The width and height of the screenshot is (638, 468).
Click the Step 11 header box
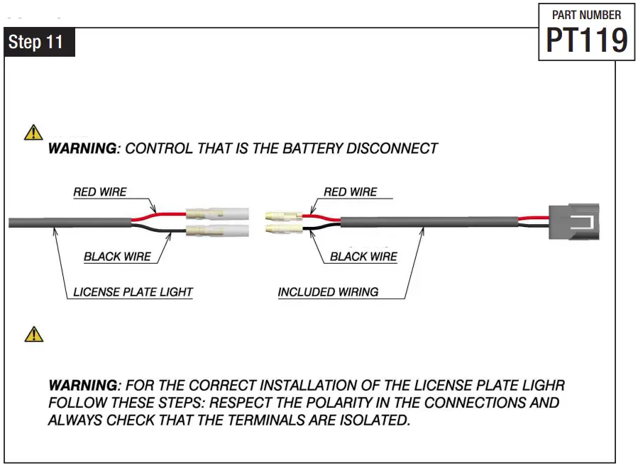[x=39, y=42]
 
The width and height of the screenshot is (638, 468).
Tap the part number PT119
[x=586, y=40]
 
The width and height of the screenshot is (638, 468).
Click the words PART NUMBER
[x=586, y=15]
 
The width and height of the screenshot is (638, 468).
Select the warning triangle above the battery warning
[x=33, y=133]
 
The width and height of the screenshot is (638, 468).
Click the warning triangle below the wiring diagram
[x=33, y=334]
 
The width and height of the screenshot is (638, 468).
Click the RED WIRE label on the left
[x=100, y=192]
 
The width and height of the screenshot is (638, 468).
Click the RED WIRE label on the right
[x=350, y=192]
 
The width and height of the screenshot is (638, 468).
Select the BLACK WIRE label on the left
[x=117, y=257]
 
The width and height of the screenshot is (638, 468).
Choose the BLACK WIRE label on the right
[x=363, y=257]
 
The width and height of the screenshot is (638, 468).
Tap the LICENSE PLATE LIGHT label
[x=133, y=292]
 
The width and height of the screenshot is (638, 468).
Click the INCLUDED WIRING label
[x=328, y=292]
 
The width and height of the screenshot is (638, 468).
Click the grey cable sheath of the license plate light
[x=71, y=223]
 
